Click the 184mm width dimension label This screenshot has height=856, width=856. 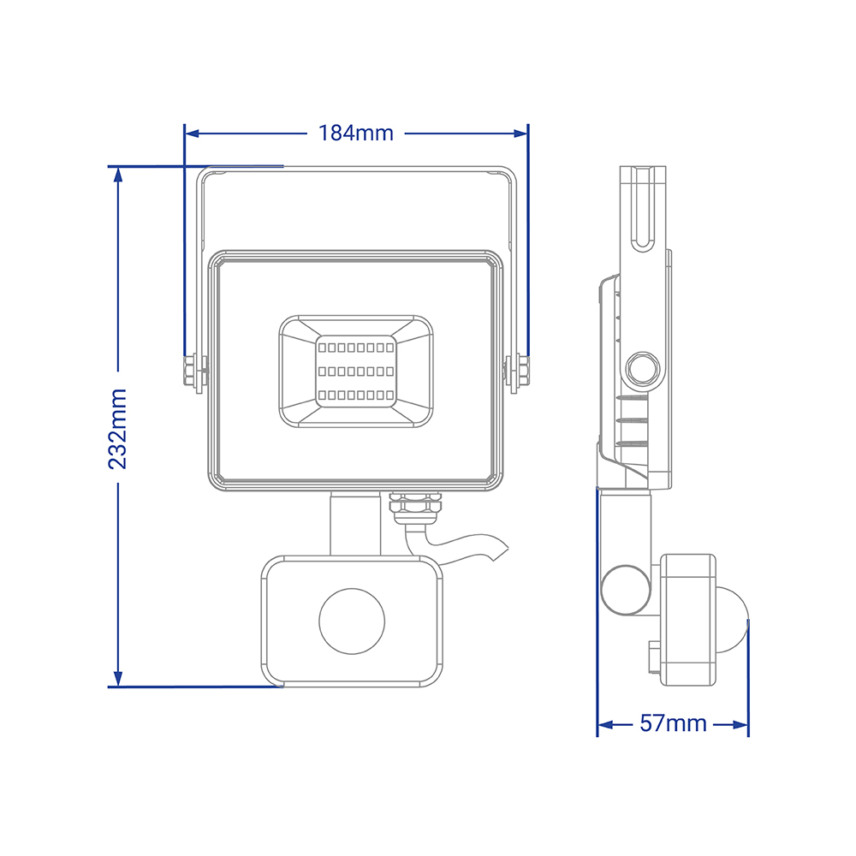point(356,134)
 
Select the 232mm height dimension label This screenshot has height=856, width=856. point(118,429)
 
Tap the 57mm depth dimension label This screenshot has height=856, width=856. point(673,723)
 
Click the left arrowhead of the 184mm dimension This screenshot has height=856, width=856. point(192,134)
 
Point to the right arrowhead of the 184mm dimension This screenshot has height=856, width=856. point(520,134)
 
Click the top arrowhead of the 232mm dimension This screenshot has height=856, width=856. point(118,174)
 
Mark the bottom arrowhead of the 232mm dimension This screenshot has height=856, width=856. point(118,679)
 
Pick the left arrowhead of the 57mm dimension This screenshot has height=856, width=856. point(605,725)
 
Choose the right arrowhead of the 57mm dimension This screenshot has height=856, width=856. point(740,725)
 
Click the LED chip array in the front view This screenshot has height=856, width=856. point(356,372)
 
